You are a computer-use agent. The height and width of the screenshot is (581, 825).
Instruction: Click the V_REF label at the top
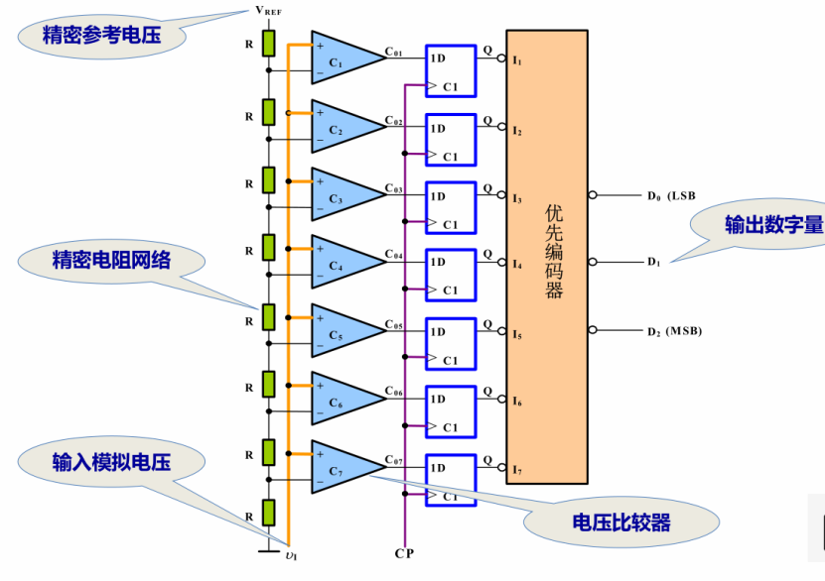pyautogui.click(x=268, y=11)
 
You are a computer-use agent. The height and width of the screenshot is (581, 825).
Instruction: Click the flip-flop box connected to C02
pyautogui.click(x=451, y=140)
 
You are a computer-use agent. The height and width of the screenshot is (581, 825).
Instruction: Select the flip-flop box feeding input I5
pyautogui.click(x=451, y=344)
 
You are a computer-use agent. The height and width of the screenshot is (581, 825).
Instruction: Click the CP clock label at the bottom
pyautogui.click(x=404, y=553)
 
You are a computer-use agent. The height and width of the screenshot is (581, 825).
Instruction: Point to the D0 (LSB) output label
pyautogui.click(x=671, y=196)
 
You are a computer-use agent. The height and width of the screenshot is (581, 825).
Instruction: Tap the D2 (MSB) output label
pyautogui.click(x=674, y=331)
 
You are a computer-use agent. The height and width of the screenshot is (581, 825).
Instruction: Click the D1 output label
pyautogui.click(x=653, y=262)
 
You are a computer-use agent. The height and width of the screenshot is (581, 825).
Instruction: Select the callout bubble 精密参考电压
pyautogui.click(x=101, y=37)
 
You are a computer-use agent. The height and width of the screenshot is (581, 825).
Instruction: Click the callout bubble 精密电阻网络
pyautogui.click(x=111, y=261)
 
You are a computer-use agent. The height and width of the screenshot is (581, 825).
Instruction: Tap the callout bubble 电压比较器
pyautogui.click(x=621, y=523)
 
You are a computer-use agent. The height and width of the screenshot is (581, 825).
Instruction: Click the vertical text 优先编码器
pyautogui.click(x=554, y=251)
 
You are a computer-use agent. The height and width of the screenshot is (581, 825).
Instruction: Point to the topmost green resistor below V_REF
pyautogui.click(x=269, y=44)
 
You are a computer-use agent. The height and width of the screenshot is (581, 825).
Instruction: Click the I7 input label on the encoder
pyautogui.click(x=517, y=470)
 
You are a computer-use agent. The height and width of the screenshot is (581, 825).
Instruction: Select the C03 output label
pyautogui.click(x=394, y=188)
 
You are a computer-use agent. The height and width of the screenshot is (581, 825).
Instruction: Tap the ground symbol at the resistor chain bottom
pyautogui.click(x=269, y=550)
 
